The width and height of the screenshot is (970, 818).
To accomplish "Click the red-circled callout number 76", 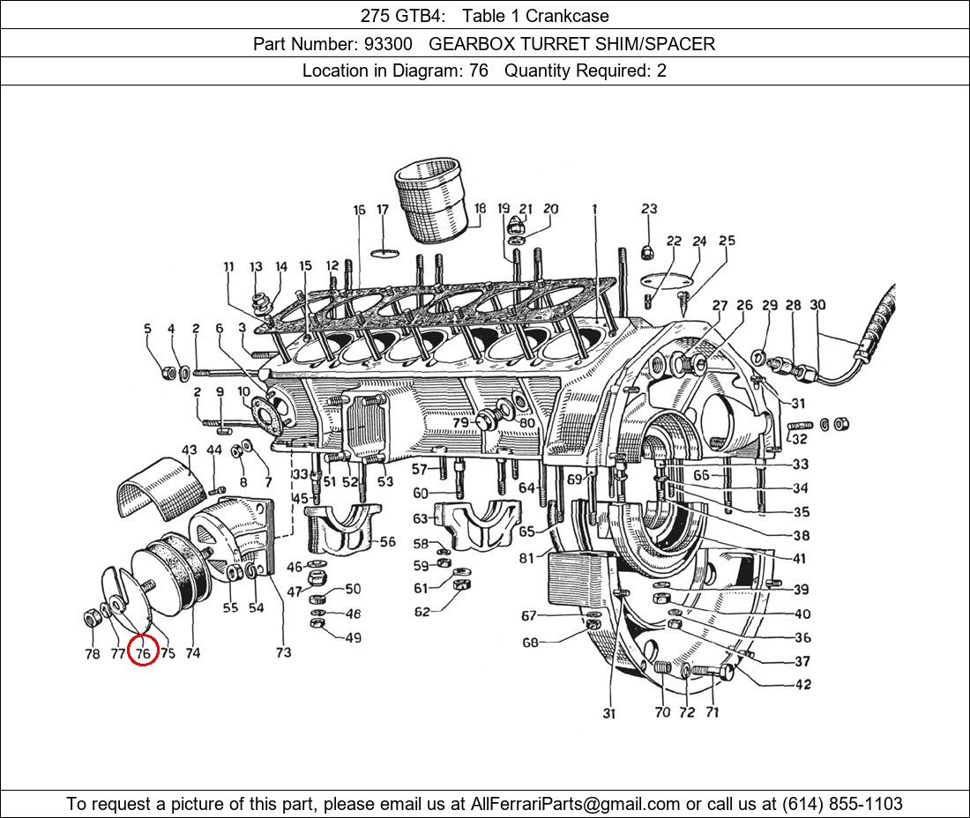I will [x=143, y=653].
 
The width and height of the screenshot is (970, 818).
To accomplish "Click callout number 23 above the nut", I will [x=649, y=209].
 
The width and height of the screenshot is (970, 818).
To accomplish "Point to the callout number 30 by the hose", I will [x=817, y=305].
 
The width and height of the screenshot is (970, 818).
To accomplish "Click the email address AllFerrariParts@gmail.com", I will [x=576, y=803].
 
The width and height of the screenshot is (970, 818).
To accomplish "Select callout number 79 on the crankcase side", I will [x=460, y=423].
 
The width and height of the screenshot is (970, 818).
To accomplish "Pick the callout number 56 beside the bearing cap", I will [x=387, y=543].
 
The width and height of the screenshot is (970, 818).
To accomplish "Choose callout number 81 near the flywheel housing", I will [x=526, y=557].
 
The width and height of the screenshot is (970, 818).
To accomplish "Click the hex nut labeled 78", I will [x=90, y=616].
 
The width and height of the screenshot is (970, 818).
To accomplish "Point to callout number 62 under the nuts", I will [x=422, y=612].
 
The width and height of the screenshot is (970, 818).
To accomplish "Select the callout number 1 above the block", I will [x=595, y=210].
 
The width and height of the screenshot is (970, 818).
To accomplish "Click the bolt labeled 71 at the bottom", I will [x=711, y=673].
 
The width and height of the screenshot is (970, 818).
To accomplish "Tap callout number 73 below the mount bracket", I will [x=283, y=652].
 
